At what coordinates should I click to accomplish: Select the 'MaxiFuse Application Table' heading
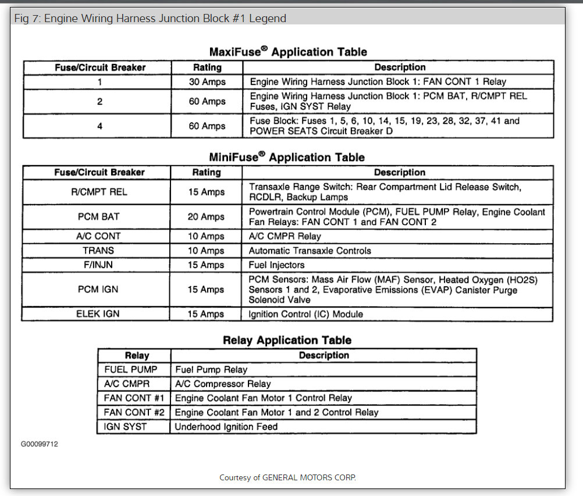click(288, 52)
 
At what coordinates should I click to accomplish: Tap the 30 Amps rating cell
click(207, 82)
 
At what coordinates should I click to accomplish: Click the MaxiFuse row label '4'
click(99, 126)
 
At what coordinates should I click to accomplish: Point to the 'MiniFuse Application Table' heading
click(287, 157)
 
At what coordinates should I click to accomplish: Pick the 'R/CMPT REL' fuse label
click(99, 192)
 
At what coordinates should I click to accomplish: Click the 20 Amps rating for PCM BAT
click(206, 216)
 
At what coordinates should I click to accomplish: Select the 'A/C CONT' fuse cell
click(98, 236)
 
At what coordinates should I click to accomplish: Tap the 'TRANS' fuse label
click(98, 251)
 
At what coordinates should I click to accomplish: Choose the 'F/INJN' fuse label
click(98, 265)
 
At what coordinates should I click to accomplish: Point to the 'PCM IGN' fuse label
click(98, 289)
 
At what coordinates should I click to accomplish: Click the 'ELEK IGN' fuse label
click(98, 314)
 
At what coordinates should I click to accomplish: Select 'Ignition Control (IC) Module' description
click(306, 314)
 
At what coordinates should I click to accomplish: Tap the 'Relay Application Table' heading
click(287, 340)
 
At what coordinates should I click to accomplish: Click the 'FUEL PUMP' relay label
click(131, 369)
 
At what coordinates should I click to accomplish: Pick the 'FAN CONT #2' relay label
click(134, 412)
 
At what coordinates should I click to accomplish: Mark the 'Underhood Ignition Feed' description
click(226, 426)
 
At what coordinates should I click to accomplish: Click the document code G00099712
click(40, 444)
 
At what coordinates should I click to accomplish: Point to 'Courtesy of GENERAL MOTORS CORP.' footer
click(287, 477)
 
